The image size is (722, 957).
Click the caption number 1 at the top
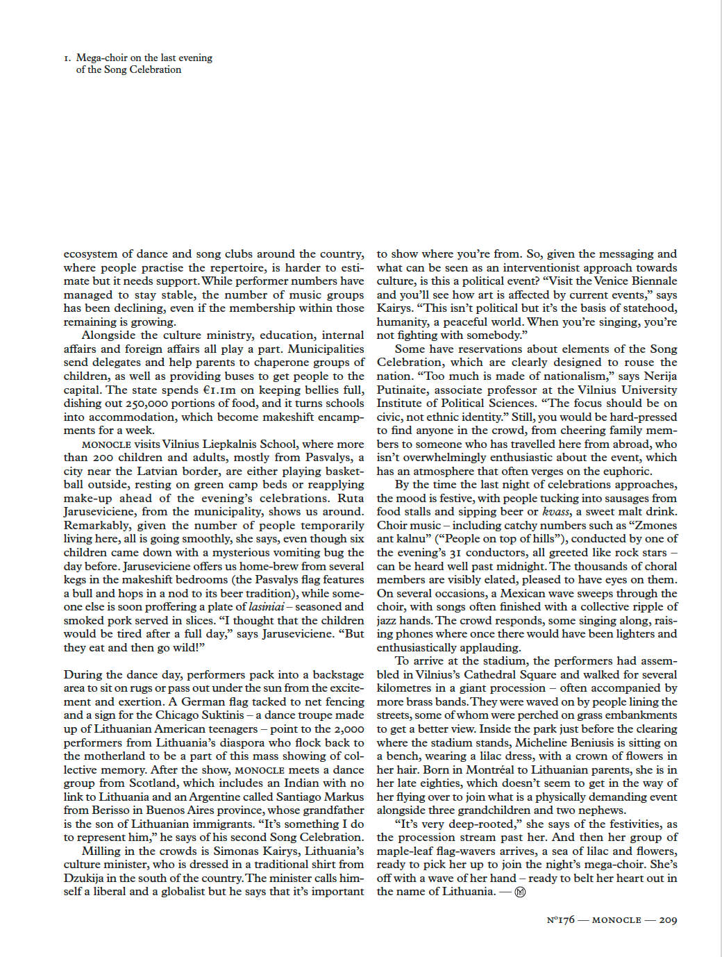(66, 58)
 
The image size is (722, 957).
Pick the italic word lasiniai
(267, 606)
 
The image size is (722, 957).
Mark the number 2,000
(348, 729)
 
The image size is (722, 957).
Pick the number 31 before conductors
(455, 553)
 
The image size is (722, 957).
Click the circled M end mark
(520, 892)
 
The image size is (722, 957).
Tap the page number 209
(668, 919)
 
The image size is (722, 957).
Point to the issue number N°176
(560, 919)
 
